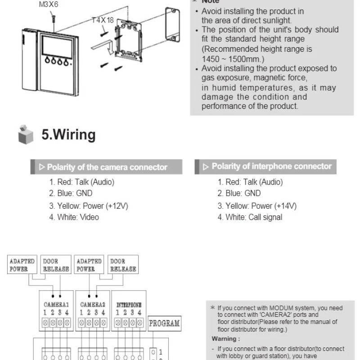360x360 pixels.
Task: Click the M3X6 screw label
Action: tap(49, 4)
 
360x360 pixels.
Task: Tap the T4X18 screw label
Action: tap(103, 20)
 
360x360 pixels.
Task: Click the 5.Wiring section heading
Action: tap(68, 134)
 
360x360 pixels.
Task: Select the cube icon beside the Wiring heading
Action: tap(26, 135)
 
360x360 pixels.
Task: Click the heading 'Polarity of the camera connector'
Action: tap(107, 167)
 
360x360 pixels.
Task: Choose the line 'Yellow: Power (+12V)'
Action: tap(88, 206)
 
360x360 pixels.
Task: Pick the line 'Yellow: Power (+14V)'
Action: tap(257, 206)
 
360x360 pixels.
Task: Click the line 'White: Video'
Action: tap(74, 217)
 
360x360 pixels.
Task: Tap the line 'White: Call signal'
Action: tap(250, 217)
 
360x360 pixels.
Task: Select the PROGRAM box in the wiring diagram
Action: tap(164, 324)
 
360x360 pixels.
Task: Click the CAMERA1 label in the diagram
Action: tap(56, 305)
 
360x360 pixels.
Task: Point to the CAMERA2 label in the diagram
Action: tap(93, 305)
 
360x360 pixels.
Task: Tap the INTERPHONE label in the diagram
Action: tap(129, 305)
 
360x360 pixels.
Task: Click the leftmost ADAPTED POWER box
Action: tap(22, 265)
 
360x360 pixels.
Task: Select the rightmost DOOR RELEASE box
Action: tap(123, 265)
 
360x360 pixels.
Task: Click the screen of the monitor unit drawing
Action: tap(57, 47)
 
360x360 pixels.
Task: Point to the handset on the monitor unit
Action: tap(29, 60)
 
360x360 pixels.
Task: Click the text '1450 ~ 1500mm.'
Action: tap(233, 59)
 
